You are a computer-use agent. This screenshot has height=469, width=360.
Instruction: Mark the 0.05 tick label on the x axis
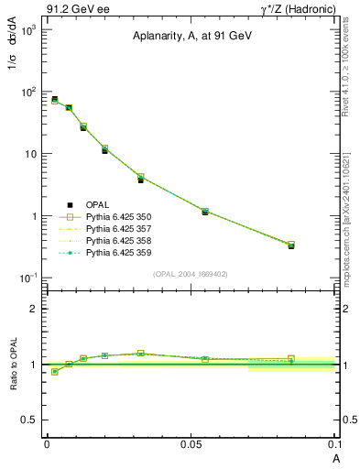[x=190, y=443]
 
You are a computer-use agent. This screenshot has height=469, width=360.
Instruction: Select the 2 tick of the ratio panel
[x=35, y=309]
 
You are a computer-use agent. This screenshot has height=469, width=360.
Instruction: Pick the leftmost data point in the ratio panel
[x=55, y=372]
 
